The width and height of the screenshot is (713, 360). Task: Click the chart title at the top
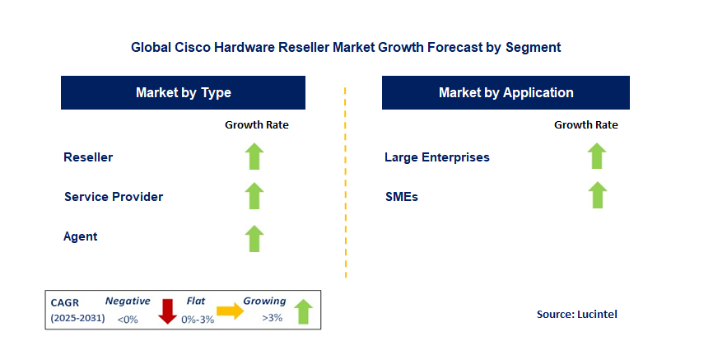(x=346, y=48)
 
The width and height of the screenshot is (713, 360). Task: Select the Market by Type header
(x=183, y=93)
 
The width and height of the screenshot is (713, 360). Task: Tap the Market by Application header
(x=506, y=93)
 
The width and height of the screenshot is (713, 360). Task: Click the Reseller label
(x=88, y=157)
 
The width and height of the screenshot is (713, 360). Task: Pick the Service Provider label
(x=114, y=197)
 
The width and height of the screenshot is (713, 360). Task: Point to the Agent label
(x=81, y=236)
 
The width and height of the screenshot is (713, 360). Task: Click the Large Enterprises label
(x=437, y=157)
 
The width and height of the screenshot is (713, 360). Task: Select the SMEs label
(x=401, y=197)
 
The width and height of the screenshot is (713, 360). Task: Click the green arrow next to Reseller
(x=254, y=157)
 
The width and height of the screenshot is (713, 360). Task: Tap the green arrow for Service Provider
(x=254, y=196)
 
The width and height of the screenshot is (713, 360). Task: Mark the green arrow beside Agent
(x=254, y=238)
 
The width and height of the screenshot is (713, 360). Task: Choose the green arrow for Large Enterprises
(x=597, y=157)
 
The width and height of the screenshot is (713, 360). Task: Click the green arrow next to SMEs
(x=597, y=196)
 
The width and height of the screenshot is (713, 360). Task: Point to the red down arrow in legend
(x=168, y=311)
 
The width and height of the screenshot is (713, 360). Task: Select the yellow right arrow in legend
(x=230, y=311)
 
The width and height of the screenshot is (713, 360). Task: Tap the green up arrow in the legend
(x=303, y=311)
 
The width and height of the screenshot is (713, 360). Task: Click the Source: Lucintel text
(x=576, y=314)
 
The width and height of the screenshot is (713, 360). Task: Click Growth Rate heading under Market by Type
(x=257, y=125)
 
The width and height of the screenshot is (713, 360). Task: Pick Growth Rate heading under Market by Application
(x=586, y=125)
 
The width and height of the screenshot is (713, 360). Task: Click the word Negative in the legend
(x=128, y=302)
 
